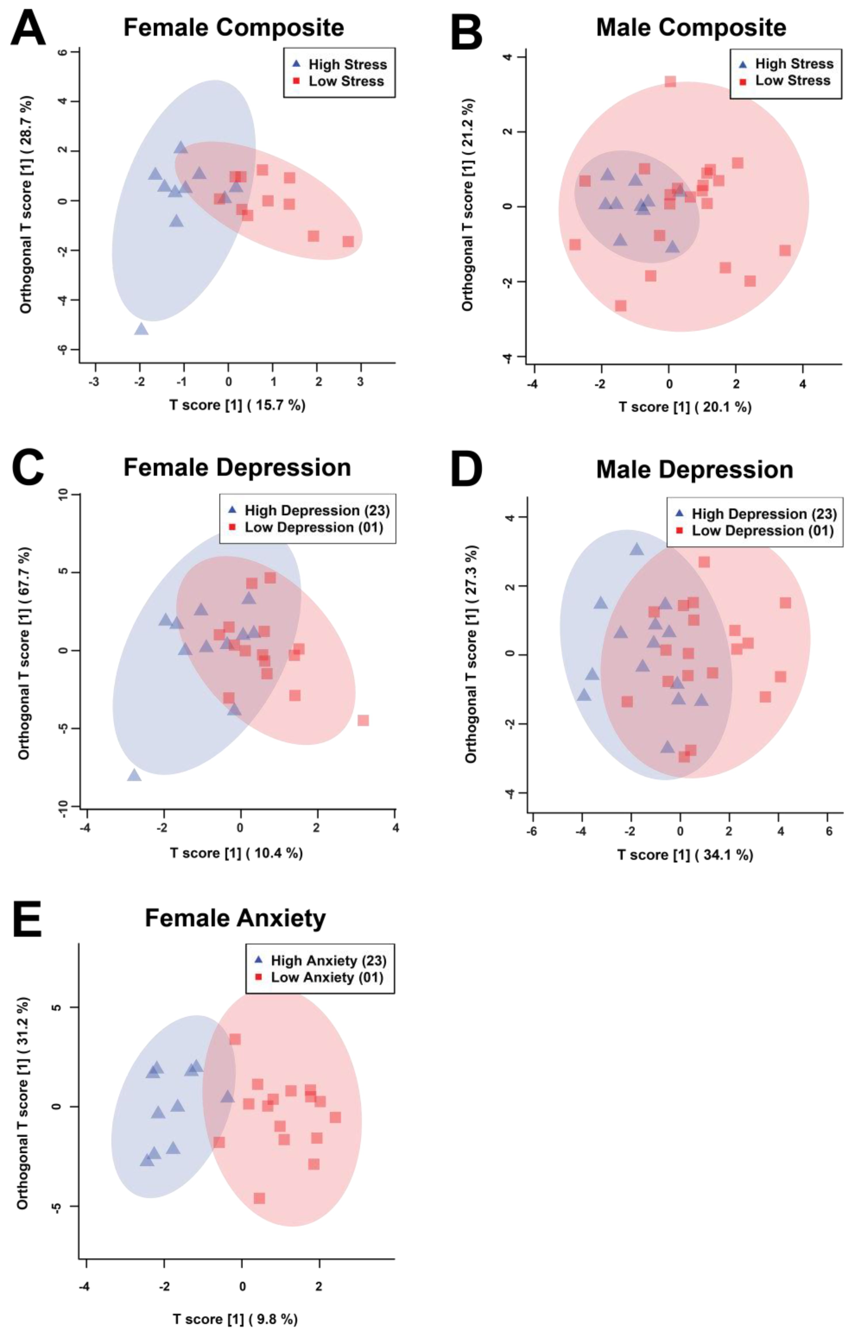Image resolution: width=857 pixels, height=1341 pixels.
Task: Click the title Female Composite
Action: [234, 27]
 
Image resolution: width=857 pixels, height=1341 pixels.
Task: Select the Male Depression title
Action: [694, 470]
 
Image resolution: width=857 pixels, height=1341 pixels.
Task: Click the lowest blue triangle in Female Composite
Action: [142, 329]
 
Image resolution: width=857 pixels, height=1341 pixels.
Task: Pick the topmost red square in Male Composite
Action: [670, 81]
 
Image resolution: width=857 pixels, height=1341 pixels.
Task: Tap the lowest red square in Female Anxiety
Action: [259, 1198]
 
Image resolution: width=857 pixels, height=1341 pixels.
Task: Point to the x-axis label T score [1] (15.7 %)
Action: [237, 405]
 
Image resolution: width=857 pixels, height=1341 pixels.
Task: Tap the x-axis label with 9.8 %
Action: [235, 1319]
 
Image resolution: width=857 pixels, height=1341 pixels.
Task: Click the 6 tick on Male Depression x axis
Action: [829, 832]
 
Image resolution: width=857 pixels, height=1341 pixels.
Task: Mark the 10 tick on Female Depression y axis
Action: [62, 494]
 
